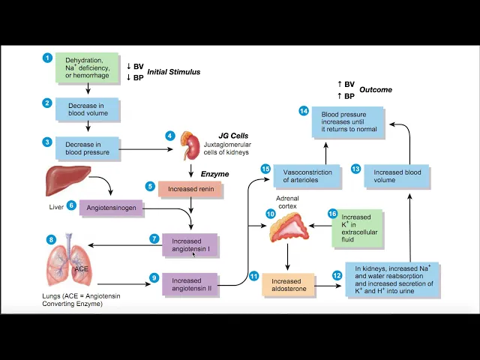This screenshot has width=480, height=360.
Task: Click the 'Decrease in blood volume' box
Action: [88, 109]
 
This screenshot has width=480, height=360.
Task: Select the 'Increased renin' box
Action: [190, 189]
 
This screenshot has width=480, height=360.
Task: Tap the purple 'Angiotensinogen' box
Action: [112, 207]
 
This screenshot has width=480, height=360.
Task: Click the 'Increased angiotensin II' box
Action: [190, 285]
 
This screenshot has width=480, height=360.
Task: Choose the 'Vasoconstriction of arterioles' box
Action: [307, 176]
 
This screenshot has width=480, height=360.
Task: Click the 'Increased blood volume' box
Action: [396, 176]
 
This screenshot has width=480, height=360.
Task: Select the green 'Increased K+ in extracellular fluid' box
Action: [357, 229]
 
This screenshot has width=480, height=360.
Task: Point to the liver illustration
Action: [67, 180]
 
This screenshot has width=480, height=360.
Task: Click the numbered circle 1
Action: [47, 58]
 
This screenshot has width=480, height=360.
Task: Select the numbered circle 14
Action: [303, 111]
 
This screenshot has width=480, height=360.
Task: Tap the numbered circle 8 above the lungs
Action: [51, 240]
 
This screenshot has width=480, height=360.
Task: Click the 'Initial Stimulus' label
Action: [173, 72]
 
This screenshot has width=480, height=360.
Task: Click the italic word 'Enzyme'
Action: [214, 174]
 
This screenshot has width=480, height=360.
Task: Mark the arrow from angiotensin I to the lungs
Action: [120, 244]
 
